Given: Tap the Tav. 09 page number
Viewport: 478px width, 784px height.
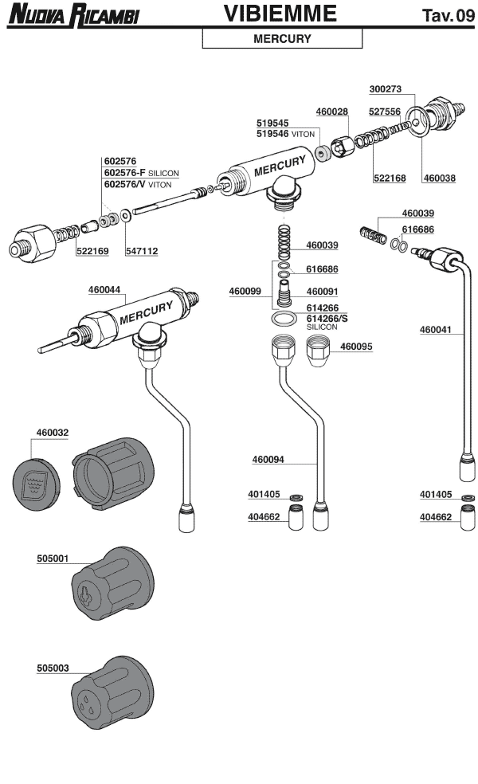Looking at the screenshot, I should [x=448, y=15].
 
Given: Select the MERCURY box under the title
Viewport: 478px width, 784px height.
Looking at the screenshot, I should [x=282, y=38].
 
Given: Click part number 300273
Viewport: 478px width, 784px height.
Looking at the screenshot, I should [x=386, y=88].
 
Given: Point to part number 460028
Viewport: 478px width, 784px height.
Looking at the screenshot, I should [x=331, y=112].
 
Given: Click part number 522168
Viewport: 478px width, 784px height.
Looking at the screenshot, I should [x=390, y=178].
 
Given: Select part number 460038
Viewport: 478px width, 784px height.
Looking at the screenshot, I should [x=439, y=178].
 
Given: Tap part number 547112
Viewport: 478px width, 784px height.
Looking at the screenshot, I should [x=142, y=251].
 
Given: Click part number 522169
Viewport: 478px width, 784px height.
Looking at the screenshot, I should [x=92, y=251].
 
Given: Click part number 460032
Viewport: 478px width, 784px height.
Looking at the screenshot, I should [x=53, y=433].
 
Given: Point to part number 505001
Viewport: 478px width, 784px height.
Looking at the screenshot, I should [x=53, y=559].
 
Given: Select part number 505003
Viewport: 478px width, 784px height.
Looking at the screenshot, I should [x=53, y=668].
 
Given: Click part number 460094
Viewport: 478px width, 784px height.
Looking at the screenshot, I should [x=268, y=460].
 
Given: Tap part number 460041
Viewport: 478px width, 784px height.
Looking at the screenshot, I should [x=437, y=327].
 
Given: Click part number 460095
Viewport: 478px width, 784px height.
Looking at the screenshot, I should [x=356, y=347].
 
